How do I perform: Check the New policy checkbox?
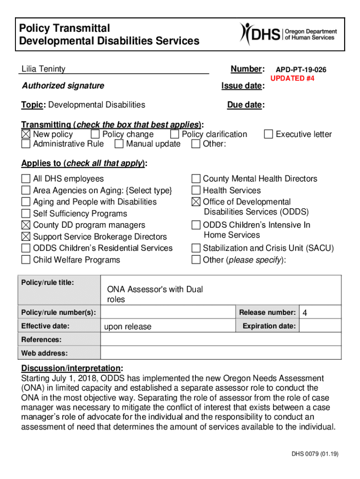point(26,135)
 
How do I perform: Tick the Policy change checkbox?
point(95,135)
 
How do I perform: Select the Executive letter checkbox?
point(268,135)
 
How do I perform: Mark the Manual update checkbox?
point(119,144)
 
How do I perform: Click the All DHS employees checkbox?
point(26,179)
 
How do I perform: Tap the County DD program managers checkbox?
point(26,225)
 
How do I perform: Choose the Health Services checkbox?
point(196,190)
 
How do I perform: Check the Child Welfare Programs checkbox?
point(26,260)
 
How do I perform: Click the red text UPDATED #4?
point(292,79)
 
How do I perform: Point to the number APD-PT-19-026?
point(301,70)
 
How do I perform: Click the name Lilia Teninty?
point(43,69)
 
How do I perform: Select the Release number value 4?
point(305,313)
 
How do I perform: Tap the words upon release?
point(128,327)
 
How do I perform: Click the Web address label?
point(44,353)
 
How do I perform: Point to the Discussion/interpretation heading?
point(72,368)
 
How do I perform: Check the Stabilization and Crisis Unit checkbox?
point(196,248)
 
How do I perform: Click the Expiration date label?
point(269,326)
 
